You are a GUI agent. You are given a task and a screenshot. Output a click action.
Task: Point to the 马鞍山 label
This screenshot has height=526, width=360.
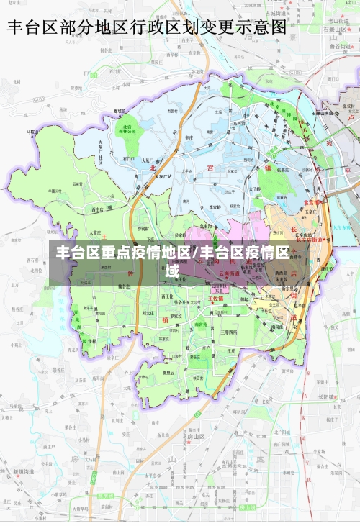(31, 132)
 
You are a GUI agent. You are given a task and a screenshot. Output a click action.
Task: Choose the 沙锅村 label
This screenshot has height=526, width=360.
(143, 228)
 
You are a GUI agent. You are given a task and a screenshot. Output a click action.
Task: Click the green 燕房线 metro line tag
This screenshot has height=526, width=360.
(105, 496)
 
